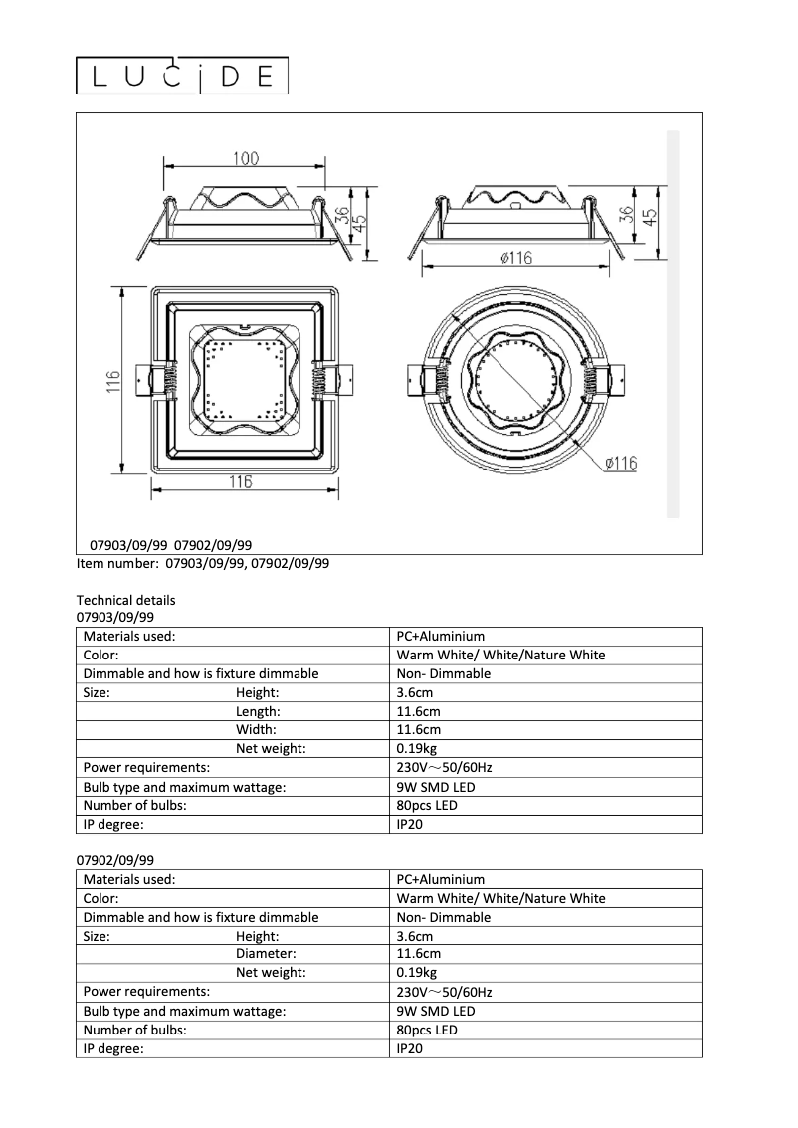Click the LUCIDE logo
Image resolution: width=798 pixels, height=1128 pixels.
183,77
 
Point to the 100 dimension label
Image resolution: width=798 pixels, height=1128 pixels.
246,158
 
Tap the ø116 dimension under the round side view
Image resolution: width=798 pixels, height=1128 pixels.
515,258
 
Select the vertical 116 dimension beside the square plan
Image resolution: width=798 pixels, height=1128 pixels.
114,382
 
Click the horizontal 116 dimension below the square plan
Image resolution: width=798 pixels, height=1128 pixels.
240,482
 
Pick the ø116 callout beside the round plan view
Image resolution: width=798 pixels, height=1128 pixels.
620,463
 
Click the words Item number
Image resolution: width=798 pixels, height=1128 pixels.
116,563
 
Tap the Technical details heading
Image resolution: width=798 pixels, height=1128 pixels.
125,600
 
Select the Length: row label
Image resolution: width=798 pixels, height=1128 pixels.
258,711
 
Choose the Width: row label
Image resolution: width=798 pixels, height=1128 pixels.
256,730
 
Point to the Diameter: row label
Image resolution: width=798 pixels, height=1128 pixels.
266,954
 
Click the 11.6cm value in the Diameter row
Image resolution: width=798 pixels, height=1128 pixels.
418,954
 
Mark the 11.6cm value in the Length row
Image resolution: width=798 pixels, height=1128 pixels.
418,711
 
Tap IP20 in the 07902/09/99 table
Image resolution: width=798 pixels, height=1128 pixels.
410,1048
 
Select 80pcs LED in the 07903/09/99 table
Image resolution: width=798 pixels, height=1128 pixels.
427,805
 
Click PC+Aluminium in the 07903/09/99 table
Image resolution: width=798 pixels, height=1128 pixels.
440,636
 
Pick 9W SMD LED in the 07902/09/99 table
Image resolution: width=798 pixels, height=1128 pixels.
435,1011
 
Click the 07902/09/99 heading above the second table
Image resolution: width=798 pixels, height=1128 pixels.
115,860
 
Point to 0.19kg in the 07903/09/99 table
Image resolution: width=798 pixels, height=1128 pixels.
416,749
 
